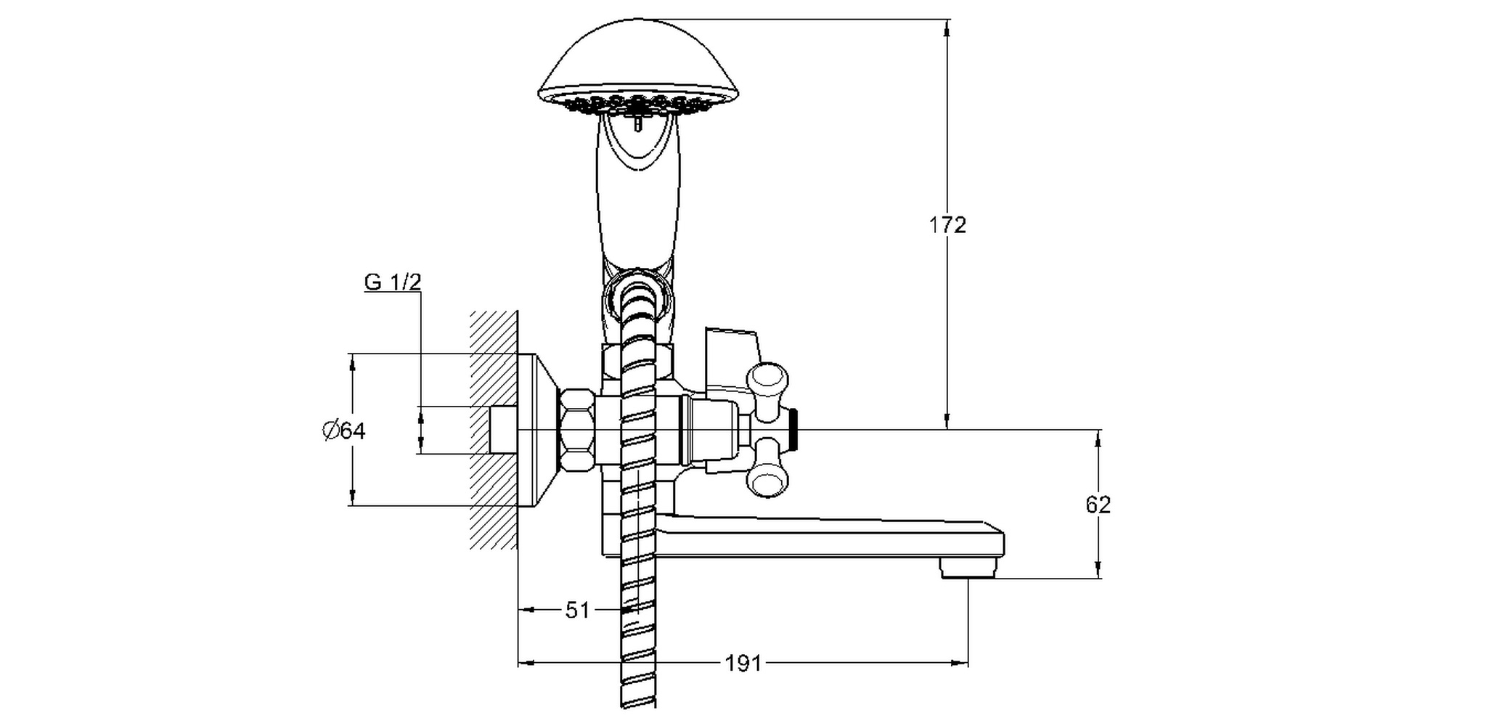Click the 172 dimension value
pyautogui.click(x=947, y=225)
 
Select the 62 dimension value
pyautogui.click(x=1098, y=505)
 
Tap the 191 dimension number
pyautogui.click(x=743, y=663)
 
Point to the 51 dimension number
pyautogui.click(x=577, y=611)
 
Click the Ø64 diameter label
pyautogui.click(x=344, y=431)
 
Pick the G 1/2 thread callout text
pyautogui.click(x=392, y=282)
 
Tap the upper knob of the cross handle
pyautogui.click(x=767, y=380)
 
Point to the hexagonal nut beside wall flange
pyautogui.click(x=576, y=431)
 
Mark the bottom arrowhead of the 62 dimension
pyautogui.click(x=1098, y=571)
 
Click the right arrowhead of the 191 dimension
pyautogui.click(x=960, y=663)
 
